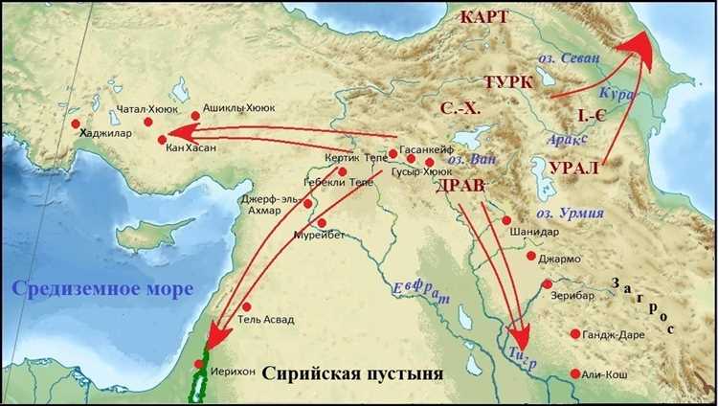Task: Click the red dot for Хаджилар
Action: coord(75,124)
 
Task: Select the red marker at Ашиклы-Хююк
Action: coord(195,115)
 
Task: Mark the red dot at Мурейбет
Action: coord(322,223)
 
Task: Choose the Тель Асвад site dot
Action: coord(246,306)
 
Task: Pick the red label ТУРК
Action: coord(508,81)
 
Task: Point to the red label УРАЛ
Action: coord(575,168)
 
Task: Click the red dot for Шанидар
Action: coord(506,219)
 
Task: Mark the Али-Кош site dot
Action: coord(575,373)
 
